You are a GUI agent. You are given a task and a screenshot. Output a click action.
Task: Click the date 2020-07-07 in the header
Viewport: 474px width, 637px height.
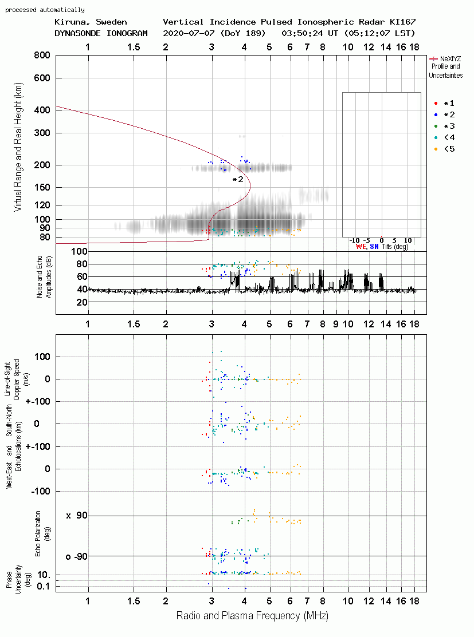(x=189, y=33)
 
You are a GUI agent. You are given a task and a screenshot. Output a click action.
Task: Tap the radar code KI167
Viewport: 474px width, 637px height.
(x=402, y=22)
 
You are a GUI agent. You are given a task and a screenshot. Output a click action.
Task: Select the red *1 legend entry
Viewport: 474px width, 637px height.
(x=444, y=103)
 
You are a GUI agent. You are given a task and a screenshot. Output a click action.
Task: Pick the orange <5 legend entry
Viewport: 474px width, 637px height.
(x=444, y=149)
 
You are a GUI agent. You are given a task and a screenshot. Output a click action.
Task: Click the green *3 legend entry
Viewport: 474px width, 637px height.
(x=444, y=126)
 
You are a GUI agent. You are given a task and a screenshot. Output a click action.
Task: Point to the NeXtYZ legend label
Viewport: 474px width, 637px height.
(x=451, y=59)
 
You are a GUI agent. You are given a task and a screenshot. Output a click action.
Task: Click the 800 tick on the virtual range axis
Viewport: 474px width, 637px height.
(x=42, y=55)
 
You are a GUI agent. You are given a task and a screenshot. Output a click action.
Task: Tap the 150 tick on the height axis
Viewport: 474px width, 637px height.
(x=42, y=187)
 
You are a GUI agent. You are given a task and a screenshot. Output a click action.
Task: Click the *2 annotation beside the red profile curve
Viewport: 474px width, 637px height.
(x=238, y=179)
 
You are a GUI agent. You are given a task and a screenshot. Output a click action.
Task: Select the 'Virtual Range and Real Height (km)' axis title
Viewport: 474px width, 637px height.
(x=18, y=147)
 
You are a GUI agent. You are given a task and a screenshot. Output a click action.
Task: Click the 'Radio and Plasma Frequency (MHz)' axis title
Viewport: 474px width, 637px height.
(x=252, y=616)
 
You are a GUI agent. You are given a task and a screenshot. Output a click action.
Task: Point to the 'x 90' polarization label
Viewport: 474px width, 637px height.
(x=77, y=516)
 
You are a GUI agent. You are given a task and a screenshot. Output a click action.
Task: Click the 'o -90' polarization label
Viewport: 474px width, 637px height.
(x=76, y=556)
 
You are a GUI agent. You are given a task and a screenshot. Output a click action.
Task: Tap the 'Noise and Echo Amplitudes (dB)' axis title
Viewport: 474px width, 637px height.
(x=44, y=276)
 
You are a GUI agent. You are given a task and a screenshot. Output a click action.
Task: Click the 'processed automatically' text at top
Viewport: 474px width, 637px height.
(x=45, y=10)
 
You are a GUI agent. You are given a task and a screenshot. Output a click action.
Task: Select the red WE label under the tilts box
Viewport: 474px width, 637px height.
(x=361, y=247)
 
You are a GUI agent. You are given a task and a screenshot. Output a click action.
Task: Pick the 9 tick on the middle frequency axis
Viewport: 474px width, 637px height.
(x=336, y=324)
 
